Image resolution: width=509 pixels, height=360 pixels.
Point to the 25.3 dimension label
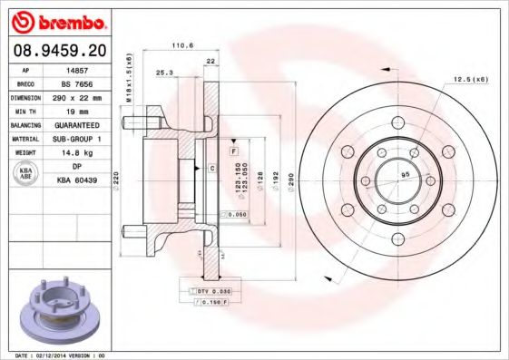[165, 72]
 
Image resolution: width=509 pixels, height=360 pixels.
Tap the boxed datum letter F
[233, 148]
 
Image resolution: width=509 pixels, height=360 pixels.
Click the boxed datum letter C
[211, 169]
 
